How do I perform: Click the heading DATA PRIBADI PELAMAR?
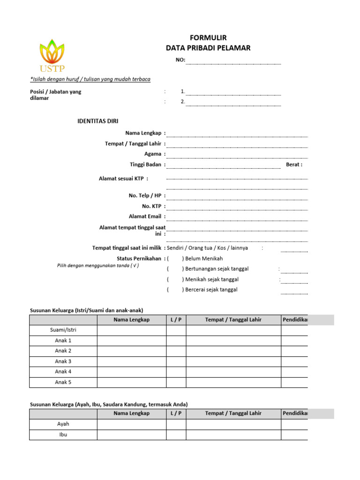pyautogui.click(x=208, y=48)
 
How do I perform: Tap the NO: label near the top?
pyautogui.click(x=180, y=60)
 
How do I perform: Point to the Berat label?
pyautogui.click(x=294, y=165)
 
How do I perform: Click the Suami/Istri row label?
pyautogui.click(x=63, y=330)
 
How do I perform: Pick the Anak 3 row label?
pyautogui.click(x=63, y=361)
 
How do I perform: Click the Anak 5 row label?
pyautogui.click(x=63, y=382)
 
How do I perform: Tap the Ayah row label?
pyautogui.click(x=63, y=424)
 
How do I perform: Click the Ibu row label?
pyautogui.click(x=63, y=435)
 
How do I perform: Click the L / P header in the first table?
pyautogui.click(x=176, y=320)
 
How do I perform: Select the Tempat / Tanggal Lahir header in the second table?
pyautogui.click(x=233, y=413)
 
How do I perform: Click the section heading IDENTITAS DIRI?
pyautogui.click(x=97, y=121)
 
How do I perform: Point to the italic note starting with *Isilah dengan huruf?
pyautogui.click(x=90, y=79)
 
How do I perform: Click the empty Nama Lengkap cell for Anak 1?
pyautogui.click(x=132, y=341)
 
